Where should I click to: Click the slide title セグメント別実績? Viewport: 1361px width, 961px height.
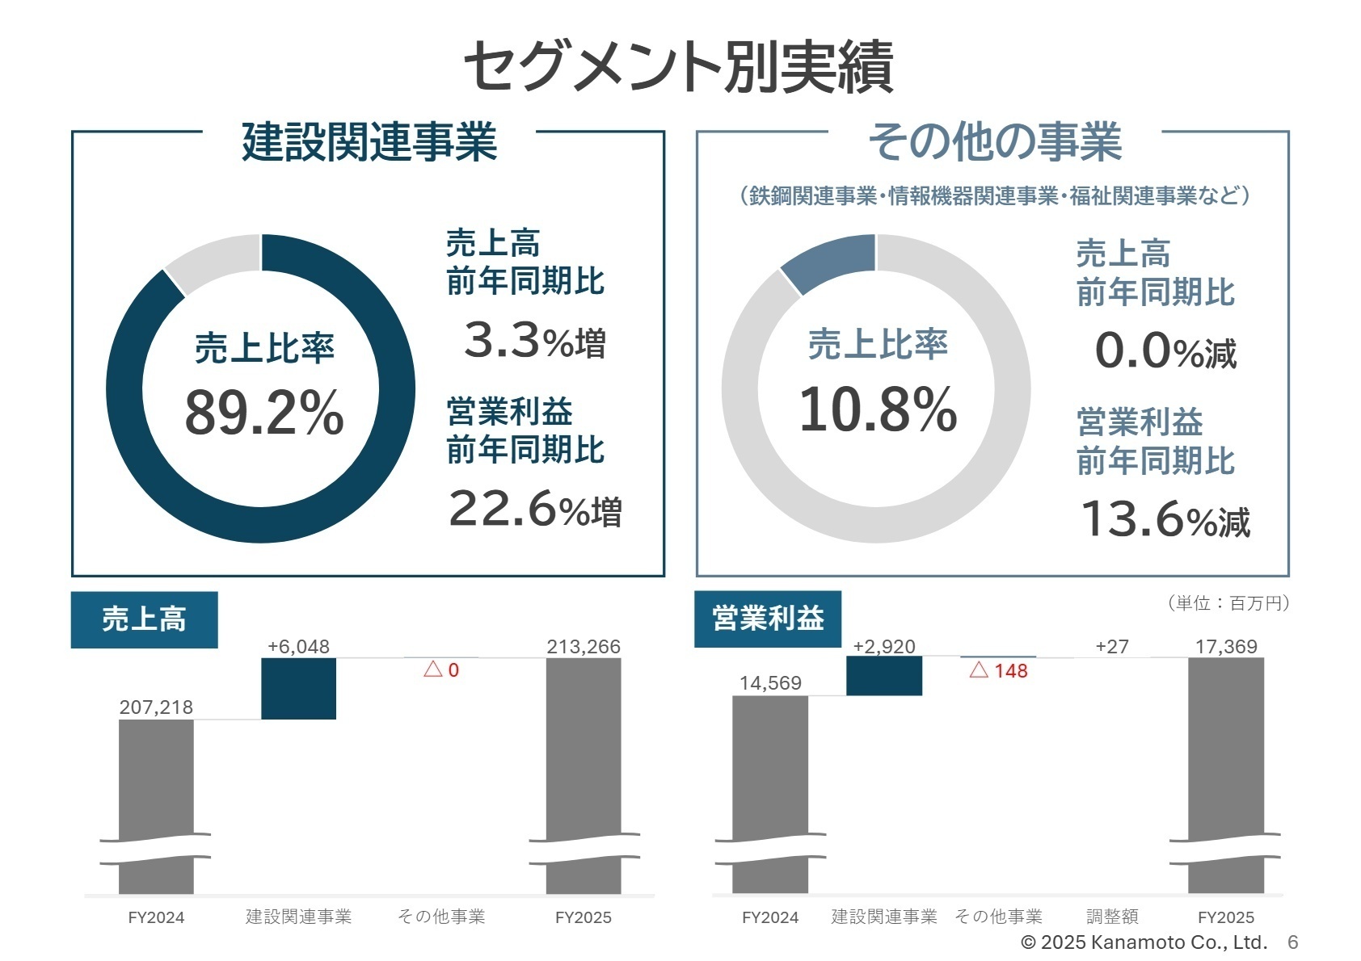[679, 66]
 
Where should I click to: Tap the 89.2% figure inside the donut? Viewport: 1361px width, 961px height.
[263, 413]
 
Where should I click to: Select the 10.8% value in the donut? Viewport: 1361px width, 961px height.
[878, 409]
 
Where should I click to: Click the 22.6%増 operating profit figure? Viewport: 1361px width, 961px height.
[534, 510]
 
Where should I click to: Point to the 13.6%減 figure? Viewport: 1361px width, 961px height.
[1165, 519]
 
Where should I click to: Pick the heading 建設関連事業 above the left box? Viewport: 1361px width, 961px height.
[369, 141]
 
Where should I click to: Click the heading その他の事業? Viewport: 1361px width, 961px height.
[994, 141]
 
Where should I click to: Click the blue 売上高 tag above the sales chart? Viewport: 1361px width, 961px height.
[144, 619]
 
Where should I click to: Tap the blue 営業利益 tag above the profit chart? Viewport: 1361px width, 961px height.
[768, 619]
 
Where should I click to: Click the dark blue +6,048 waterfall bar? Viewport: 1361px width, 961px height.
[298, 688]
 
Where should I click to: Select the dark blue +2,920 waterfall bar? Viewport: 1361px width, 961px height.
[883, 676]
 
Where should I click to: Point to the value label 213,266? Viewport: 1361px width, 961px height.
[583, 647]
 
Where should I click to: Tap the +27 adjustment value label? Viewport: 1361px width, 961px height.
[1111, 647]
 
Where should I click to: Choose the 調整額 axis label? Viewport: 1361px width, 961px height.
[1111, 917]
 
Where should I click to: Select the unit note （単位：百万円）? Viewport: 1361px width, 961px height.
[1227, 603]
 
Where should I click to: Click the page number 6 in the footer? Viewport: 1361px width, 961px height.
[1292, 942]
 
